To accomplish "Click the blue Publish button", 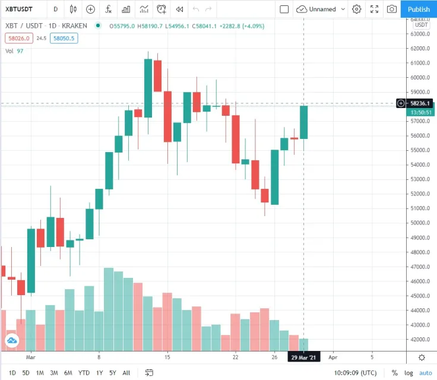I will pyautogui.click(x=419, y=9).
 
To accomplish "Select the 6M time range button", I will pyautogui.click(x=68, y=373).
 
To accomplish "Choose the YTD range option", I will pyautogui.click(x=84, y=373).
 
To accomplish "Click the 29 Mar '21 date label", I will pyautogui.click(x=304, y=357).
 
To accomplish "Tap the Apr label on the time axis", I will pyautogui.click(x=333, y=357).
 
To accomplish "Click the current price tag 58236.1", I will pyautogui.click(x=422, y=103).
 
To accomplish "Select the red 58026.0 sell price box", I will pyautogui.click(x=18, y=38).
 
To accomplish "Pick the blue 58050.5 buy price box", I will pyautogui.click(x=64, y=38).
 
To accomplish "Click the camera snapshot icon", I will pyautogui.click(x=392, y=9).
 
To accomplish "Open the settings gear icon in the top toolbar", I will pyautogui.click(x=356, y=9).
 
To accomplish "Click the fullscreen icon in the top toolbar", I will pyautogui.click(x=374, y=9).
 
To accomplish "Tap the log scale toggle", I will pyautogui.click(x=408, y=373).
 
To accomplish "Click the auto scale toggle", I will pyautogui.click(x=426, y=373).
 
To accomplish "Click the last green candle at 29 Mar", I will pyautogui.click(x=304, y=122).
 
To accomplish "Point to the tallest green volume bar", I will pyautogui.click(x=109, y=309).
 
